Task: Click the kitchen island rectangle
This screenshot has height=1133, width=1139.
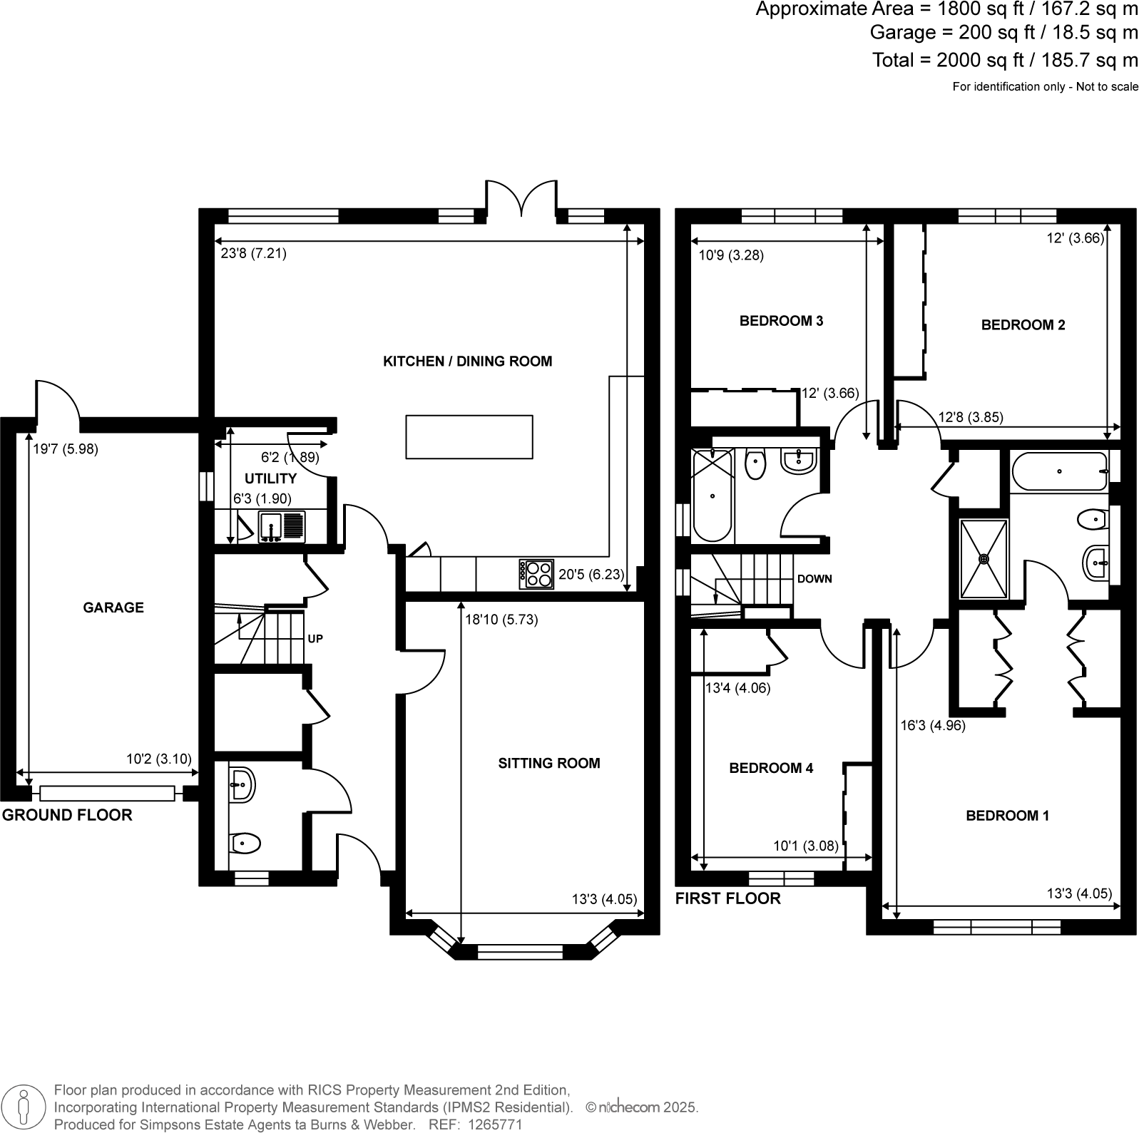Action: click(469, 436)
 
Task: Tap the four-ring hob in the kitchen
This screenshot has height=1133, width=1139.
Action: click(536, 574)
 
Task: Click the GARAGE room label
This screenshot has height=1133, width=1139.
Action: click(113, 607)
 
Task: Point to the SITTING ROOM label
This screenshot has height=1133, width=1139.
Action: click(548, 763)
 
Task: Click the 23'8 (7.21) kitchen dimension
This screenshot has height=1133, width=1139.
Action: click(253, 253)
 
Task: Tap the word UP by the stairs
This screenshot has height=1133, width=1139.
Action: click(315, 639)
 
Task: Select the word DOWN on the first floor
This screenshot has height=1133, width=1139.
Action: click(814, 579)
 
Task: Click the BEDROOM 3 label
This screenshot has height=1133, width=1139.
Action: click(781, 321)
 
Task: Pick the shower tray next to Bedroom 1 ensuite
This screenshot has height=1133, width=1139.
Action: click(984, 558)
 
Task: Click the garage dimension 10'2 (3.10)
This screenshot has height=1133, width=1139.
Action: click(159, 759)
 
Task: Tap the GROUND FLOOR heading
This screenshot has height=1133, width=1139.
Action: click(67, 815)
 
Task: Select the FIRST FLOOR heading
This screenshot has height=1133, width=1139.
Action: click(727, 898)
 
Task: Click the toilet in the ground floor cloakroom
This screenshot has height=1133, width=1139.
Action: click(245, 844)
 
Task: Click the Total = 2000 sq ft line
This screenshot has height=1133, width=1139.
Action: click(1005, 60)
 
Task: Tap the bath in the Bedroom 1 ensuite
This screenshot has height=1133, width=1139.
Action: click(1059, 471)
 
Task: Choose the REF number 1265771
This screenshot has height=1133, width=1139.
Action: click(494, 1124)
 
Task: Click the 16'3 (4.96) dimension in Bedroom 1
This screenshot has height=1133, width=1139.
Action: click(932, 726)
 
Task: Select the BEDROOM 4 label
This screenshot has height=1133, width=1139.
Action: click(770, 768)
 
